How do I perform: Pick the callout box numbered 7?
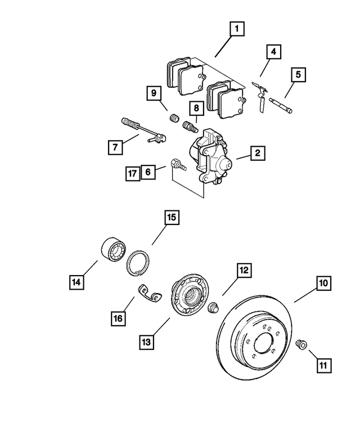(x=115, y=147)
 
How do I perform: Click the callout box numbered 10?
(x=322, y=284)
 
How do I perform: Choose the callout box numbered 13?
(x=146, y=341)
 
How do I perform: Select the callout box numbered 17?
(x=132, y=174)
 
